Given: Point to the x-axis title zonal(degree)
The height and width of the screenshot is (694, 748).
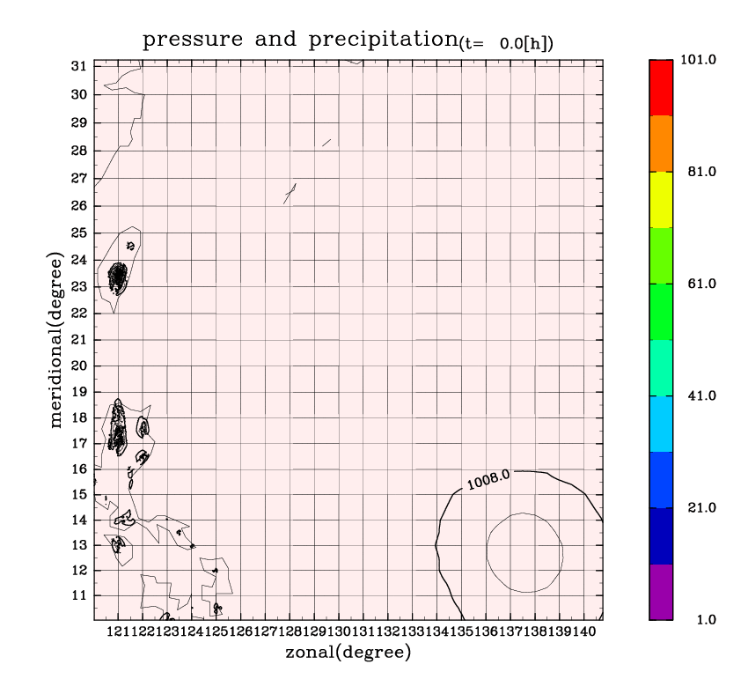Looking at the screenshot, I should tap(348, 653).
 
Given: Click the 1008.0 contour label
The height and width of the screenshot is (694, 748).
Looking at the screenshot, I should tap(488, 480).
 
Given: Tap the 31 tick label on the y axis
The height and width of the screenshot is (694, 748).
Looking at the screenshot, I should tap(78, 66).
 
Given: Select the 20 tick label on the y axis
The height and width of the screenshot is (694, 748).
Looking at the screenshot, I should tap(78, 366).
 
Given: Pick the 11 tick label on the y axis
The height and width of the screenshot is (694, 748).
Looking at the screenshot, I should tap(78, 595).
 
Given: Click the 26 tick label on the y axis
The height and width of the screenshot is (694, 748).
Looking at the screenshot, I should tap(78, 205).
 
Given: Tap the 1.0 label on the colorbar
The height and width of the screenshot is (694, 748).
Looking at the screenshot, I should tap(705, 620).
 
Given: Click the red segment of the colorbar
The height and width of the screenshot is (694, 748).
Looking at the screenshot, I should tap(661, 87).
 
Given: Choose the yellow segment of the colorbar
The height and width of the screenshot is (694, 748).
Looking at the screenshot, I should tap(661, 200).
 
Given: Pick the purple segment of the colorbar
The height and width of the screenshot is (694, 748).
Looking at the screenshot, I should tap(661, 592).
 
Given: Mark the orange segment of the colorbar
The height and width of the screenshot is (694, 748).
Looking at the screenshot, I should tap(661, 144).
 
